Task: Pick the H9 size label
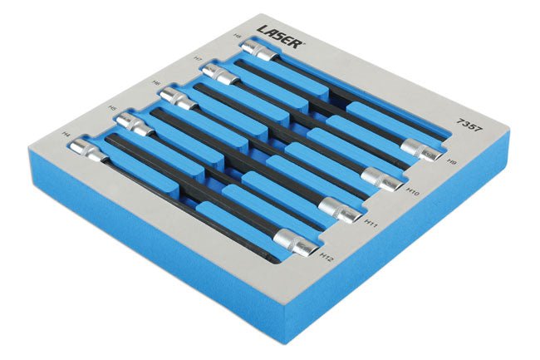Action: [452, 163]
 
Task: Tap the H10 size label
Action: [414, 192]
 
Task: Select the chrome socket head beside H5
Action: [130, 123]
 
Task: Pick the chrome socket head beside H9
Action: [421, 151]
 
